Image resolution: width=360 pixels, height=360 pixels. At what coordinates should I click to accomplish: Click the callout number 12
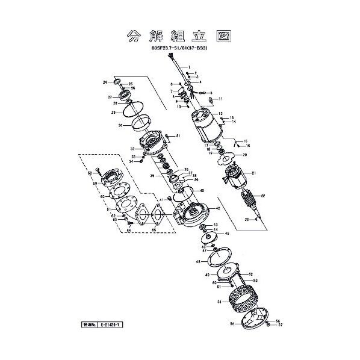pyautogui.click(x=222, y=113)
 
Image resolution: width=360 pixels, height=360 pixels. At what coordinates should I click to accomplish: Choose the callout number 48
pyautogui.click(x=198, y=262)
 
